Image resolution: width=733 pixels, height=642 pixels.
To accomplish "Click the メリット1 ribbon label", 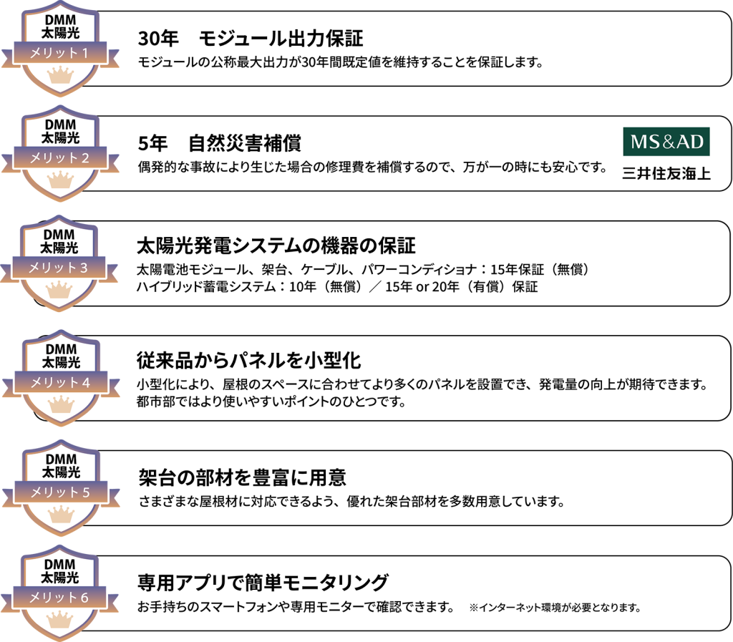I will (60, 53).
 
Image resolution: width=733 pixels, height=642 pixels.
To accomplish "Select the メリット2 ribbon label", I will (60, 158).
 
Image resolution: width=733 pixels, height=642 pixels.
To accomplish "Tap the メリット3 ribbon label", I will (59, 268).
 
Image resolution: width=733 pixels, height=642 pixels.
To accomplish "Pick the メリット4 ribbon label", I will (61, 383).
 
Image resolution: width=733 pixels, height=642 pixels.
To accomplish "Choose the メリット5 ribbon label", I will (61, 492).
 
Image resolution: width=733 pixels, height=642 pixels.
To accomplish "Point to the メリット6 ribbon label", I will (59, 598).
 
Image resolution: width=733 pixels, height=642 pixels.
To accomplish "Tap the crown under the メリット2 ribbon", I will (60, 180).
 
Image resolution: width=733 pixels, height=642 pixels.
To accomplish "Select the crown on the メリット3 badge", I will (59, 289).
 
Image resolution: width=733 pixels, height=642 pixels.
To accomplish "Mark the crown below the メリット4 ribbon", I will (61, 404).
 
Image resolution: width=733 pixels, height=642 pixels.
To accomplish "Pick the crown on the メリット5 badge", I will (61, 514).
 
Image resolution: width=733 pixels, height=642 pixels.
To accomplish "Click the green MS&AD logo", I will (666, 142).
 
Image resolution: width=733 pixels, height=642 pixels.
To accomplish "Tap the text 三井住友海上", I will (666, 173).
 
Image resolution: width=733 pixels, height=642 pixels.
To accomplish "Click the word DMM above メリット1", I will (60, 19).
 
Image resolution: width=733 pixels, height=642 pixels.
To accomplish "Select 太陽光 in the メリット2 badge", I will (60, 137).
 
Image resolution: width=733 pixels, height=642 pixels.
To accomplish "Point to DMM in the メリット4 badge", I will (61, 349).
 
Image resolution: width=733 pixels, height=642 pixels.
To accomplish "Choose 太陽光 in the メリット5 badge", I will (61, 472).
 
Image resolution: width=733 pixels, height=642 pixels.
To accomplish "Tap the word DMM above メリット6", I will (59, 564).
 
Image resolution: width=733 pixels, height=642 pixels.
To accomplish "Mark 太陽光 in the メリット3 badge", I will (59, 248).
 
